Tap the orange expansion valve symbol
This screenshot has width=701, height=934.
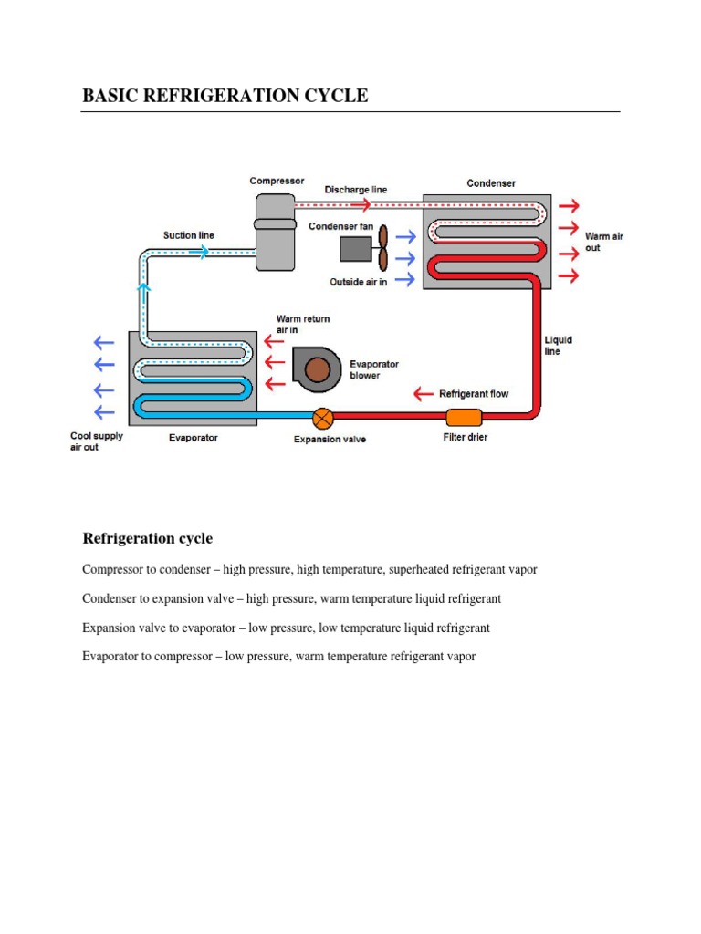tap(322, 418)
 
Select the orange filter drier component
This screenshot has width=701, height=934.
tap(464, 418)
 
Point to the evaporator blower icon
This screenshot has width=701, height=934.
tap(316, 368)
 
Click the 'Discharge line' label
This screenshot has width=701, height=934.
tap(356, 190)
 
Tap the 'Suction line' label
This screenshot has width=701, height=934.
tap(189, 235)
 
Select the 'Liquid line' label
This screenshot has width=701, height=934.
tap(558, 346)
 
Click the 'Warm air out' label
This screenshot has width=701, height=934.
tap(604, 242)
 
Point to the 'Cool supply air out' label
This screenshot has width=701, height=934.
tap(97, 441)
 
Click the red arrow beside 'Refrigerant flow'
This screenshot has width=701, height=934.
tap(424, 394)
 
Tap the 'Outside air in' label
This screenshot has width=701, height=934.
tap(359, 282)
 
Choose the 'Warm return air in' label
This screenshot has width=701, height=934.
tap(303, 324)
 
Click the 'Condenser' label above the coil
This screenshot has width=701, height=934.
tap(491, 183)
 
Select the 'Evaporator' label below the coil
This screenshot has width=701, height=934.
tap(194, 438)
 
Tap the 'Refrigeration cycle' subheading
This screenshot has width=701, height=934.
tap(148, 538)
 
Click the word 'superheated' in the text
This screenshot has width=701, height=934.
tap(418, 569)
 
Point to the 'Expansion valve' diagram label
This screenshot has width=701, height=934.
tap(330, 440)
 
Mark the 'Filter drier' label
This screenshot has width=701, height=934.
tap(465, 438)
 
